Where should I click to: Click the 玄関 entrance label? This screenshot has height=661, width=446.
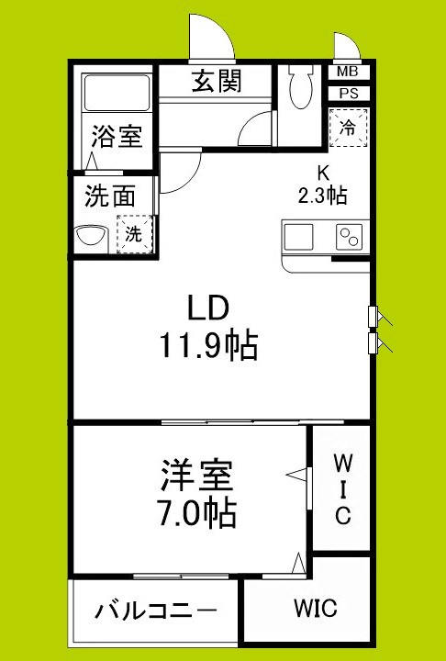(x=217, y=83)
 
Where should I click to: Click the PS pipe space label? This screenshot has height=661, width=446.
(x=348, y=93)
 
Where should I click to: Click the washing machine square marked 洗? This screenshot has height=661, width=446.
(x=134, y=233)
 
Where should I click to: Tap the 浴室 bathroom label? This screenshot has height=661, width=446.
(x=116, y=138)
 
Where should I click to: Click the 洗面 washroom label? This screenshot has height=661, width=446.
(x=110, y=196)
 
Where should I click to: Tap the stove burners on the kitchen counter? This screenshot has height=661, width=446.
(x=349, y=237)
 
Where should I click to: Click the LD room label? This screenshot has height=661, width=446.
(x=207, y=307)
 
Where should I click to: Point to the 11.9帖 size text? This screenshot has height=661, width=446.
(x=207, y=346)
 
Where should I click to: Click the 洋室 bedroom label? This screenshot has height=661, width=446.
(x=196, y=476)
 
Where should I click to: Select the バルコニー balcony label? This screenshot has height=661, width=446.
(x=156, y=610)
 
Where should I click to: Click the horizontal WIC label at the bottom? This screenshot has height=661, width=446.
(x=315, y=608)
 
